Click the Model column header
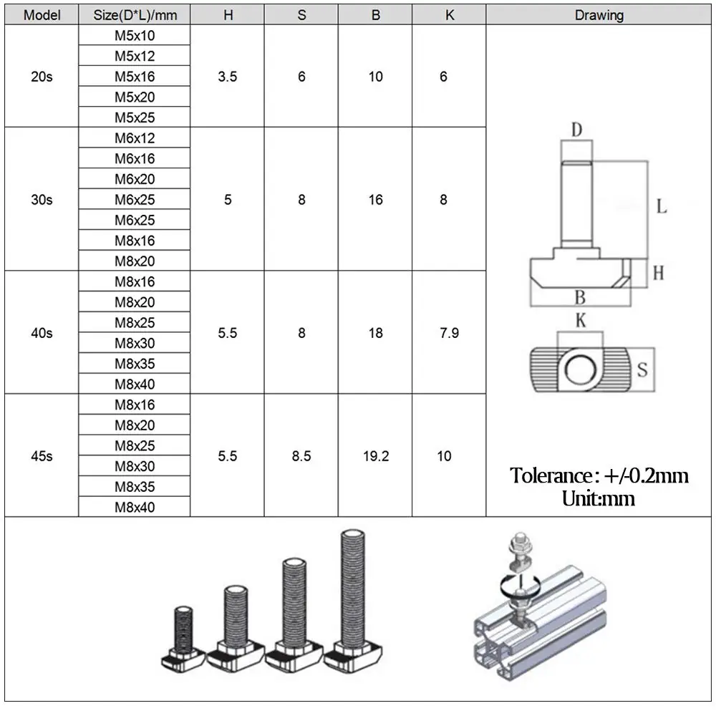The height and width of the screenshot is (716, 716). [42, 15]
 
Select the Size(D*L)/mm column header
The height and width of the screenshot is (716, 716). [135, 15]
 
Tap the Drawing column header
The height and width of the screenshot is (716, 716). [599, 15]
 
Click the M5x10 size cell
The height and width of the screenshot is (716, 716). [135, 35]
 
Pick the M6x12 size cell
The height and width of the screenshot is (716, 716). [135, 138]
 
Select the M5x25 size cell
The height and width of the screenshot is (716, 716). [135, 117]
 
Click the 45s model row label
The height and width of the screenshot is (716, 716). [42, 456]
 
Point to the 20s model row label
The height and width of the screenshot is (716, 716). [42, 77]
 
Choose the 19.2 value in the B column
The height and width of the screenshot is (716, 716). [376, 456]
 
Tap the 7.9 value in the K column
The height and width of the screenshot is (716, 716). [449, 333]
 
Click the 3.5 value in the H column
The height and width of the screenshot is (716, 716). [228, 77]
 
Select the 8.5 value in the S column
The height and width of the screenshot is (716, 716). [301, 456]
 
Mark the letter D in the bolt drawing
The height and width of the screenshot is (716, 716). [576, 130]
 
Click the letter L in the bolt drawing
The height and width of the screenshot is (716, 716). [662, 207]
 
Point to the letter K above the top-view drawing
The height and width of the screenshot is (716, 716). [581, 321]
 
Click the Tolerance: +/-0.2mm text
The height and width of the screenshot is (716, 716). [599, 475]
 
